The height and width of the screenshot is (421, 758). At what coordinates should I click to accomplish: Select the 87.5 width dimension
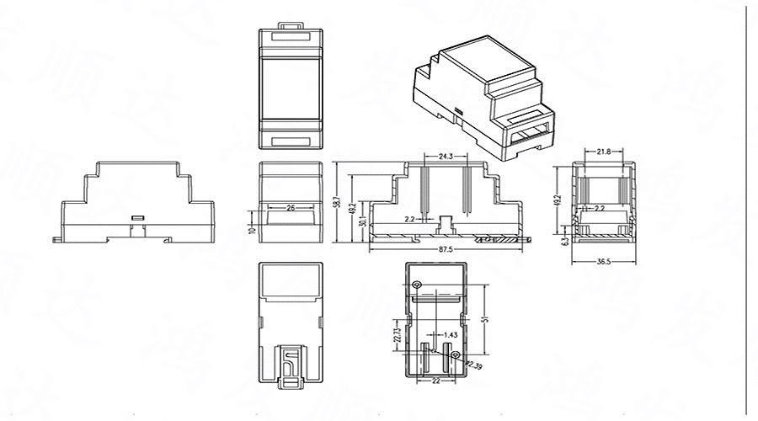click(x=446, y=250)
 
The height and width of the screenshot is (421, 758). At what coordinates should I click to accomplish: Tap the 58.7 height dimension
click(x=337, y=202)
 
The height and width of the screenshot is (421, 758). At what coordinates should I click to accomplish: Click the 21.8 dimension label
click(x=603, y=152)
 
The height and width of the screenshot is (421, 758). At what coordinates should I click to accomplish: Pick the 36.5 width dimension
click(x=604, y=262)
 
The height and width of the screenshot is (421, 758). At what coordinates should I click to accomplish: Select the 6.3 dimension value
click(x=563, y=241)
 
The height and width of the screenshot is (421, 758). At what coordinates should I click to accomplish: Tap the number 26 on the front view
click(x=290, y=207)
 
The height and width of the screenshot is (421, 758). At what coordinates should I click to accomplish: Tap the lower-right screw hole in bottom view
click(x=456, y=357)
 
